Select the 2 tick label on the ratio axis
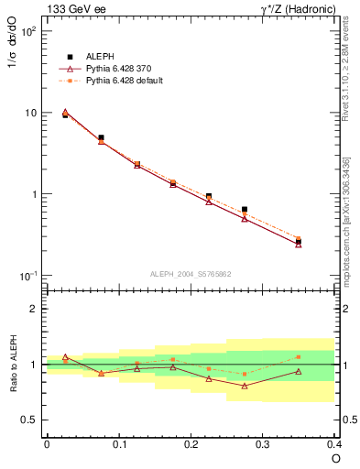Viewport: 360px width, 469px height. click(x=33, y=310)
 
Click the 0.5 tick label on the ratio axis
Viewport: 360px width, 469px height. click(x=30, y=420)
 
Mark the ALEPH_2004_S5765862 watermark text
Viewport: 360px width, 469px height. click(x=191, y=273)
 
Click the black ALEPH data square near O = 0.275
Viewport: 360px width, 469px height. click(x=245, y=210)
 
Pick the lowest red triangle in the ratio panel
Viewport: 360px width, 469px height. click(x=245, y=386)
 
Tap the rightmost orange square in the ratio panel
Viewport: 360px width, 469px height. click(x=299, y=357)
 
